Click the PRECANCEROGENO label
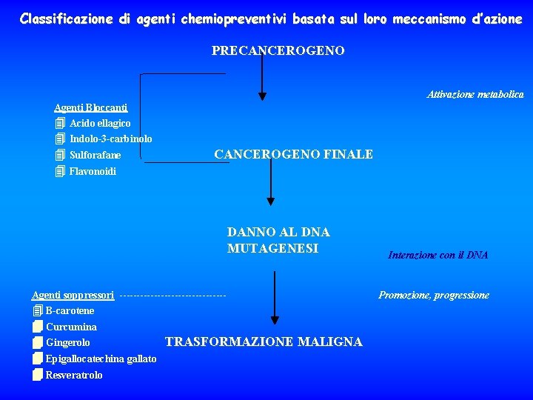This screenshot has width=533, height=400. click(278, 50)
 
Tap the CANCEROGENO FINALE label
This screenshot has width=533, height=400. click(293, 154)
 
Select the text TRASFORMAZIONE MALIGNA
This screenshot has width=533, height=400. click(264, 341)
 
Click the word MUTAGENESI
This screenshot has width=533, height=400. click(272, 248)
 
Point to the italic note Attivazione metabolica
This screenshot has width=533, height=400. click(475, 94)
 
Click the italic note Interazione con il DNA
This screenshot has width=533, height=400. click(438, 255)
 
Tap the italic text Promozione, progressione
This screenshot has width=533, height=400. click(434, 295)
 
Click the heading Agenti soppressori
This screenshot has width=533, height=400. click(73, 295)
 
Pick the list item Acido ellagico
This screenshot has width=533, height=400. click(100, 123)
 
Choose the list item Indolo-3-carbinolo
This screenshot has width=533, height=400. click(111, 139)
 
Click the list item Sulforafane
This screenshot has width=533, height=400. click(95, 156)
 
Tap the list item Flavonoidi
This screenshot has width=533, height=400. click(93, 171)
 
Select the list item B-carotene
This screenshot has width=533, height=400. click(70, 310)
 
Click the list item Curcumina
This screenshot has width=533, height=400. click(71, 327)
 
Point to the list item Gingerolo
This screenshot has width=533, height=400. click(68, 342)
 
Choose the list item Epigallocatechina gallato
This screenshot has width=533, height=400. click(101, 359)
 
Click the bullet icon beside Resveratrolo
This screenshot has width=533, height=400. click(38, 374)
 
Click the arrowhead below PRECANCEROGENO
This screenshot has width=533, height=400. click(261, 95)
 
